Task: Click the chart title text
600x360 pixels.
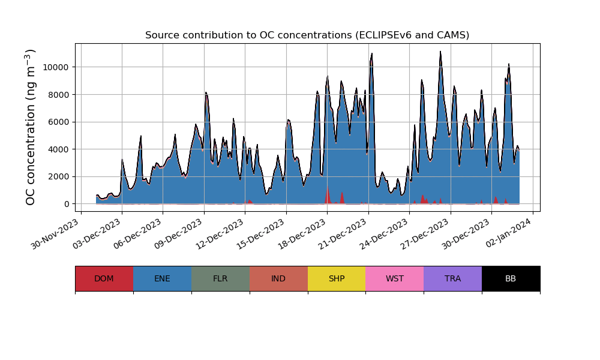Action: pos(307,35)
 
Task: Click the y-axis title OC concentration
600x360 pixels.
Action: pos(31,127)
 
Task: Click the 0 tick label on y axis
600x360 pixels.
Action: pos(67,204)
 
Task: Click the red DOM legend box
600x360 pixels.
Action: pos(104,278)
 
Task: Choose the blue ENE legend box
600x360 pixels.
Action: pos(162,278)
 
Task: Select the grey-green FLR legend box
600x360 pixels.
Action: pos(220,278)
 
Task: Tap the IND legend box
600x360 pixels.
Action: pos(278,278)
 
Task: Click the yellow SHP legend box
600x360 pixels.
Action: pos(337,278)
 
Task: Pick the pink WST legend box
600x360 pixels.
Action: pos(394,278)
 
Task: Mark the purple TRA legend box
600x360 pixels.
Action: pos(452,278)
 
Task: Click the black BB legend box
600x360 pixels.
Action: pos(511,278)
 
